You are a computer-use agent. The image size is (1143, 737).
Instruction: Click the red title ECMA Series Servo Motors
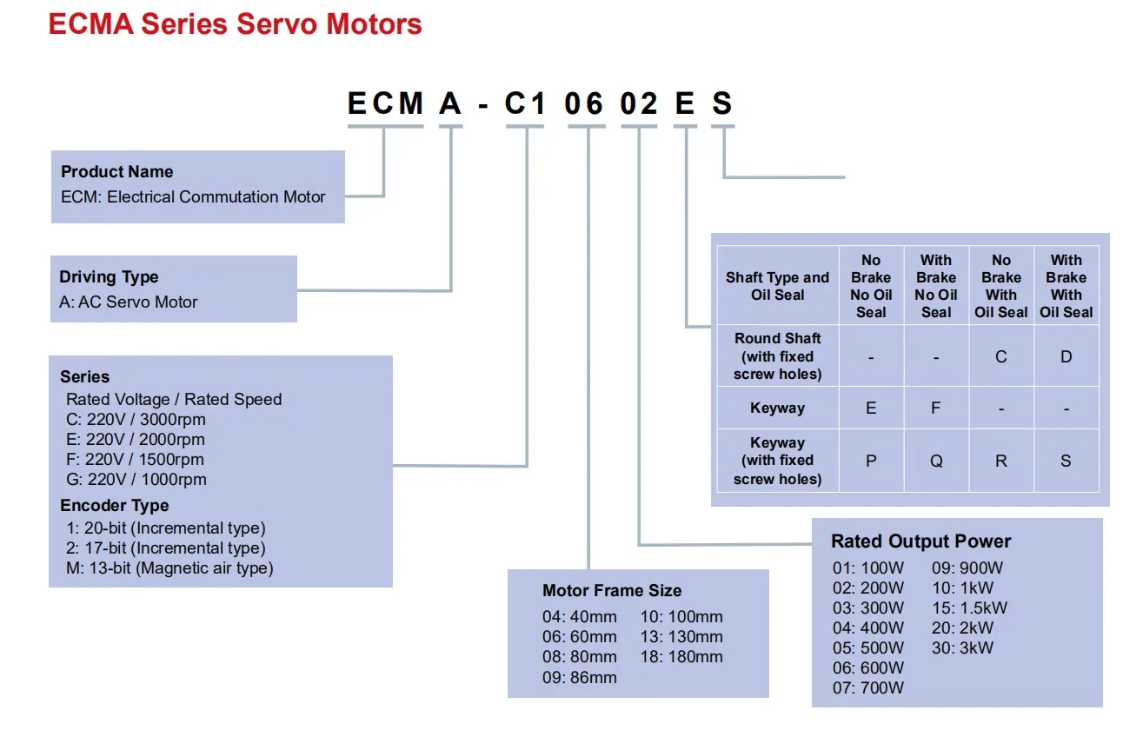pos(236,24)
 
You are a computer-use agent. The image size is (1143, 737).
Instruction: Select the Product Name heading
pos(116,171)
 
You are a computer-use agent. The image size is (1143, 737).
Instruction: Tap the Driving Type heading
pos(109,277)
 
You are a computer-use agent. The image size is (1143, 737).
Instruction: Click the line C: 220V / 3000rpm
pos(136,419)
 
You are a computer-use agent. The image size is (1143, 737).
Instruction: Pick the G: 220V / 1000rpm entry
pos(136,480)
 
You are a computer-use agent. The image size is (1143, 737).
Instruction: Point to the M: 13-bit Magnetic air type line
pos(169,568)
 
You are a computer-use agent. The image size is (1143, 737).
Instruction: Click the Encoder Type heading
pos(115,506)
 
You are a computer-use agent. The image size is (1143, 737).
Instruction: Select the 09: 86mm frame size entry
pos(580,677)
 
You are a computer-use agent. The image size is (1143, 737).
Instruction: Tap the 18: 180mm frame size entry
pos(681,656)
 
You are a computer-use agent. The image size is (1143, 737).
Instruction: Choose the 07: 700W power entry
pos(868,687)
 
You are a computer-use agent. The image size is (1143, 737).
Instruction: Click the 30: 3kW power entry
pos(962,647)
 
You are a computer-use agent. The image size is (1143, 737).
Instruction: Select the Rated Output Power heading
pos(920,541)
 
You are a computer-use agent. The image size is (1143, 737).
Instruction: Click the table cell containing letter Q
pos(936,461)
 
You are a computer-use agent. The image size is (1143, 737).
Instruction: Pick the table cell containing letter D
pos(1067,356)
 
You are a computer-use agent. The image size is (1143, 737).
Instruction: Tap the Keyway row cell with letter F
pos(936,408)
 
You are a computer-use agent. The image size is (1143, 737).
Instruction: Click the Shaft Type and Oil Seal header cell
pos(778,286)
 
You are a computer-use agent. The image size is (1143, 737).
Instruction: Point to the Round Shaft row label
pos(778,356)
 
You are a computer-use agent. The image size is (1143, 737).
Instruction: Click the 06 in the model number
pos(584,103)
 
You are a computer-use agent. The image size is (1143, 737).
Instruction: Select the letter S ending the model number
pos(722,103)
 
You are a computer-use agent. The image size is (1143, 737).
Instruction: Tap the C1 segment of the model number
pos(525,103)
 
